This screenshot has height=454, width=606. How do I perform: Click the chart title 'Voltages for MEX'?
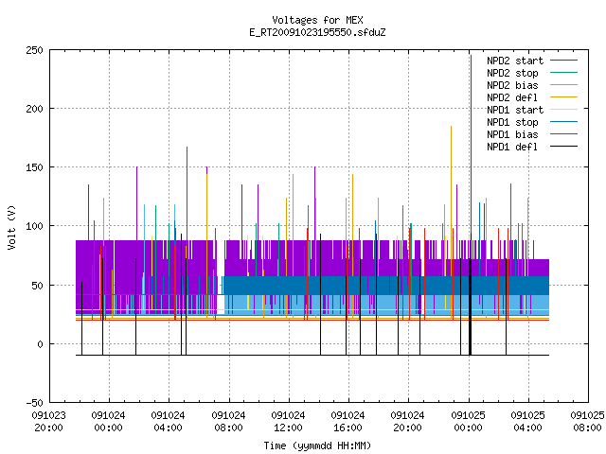[317, 20]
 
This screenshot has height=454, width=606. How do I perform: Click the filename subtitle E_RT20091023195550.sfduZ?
[317, 32]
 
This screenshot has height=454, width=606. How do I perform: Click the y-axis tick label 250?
[34, 50]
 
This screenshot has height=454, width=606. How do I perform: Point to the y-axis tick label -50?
[34, 403]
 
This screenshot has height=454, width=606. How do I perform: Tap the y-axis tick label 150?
[34, 167]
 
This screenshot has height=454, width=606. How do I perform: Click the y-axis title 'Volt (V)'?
[11, 227]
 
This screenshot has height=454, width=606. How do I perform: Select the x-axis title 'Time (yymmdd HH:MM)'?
[317, 445]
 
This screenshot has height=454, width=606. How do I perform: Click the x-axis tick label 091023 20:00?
[48, 422]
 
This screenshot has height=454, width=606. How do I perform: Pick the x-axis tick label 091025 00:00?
[468, 422]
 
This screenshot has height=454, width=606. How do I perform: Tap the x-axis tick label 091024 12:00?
[288, 422]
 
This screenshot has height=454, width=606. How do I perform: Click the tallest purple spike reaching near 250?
[471, 154]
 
